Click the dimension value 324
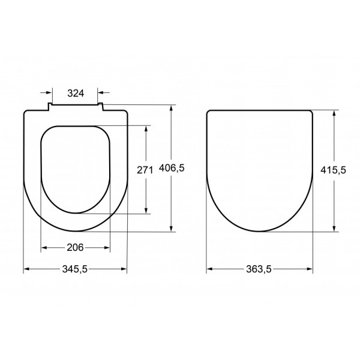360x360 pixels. tap(76, 93)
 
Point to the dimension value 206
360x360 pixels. tap(75, 247)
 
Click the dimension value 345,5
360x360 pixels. tap(76, 270)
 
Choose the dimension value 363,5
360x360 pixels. tap(260, 270)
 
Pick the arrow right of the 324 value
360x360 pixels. tap(101, 93)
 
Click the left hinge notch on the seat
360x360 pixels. tap(50, 107)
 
